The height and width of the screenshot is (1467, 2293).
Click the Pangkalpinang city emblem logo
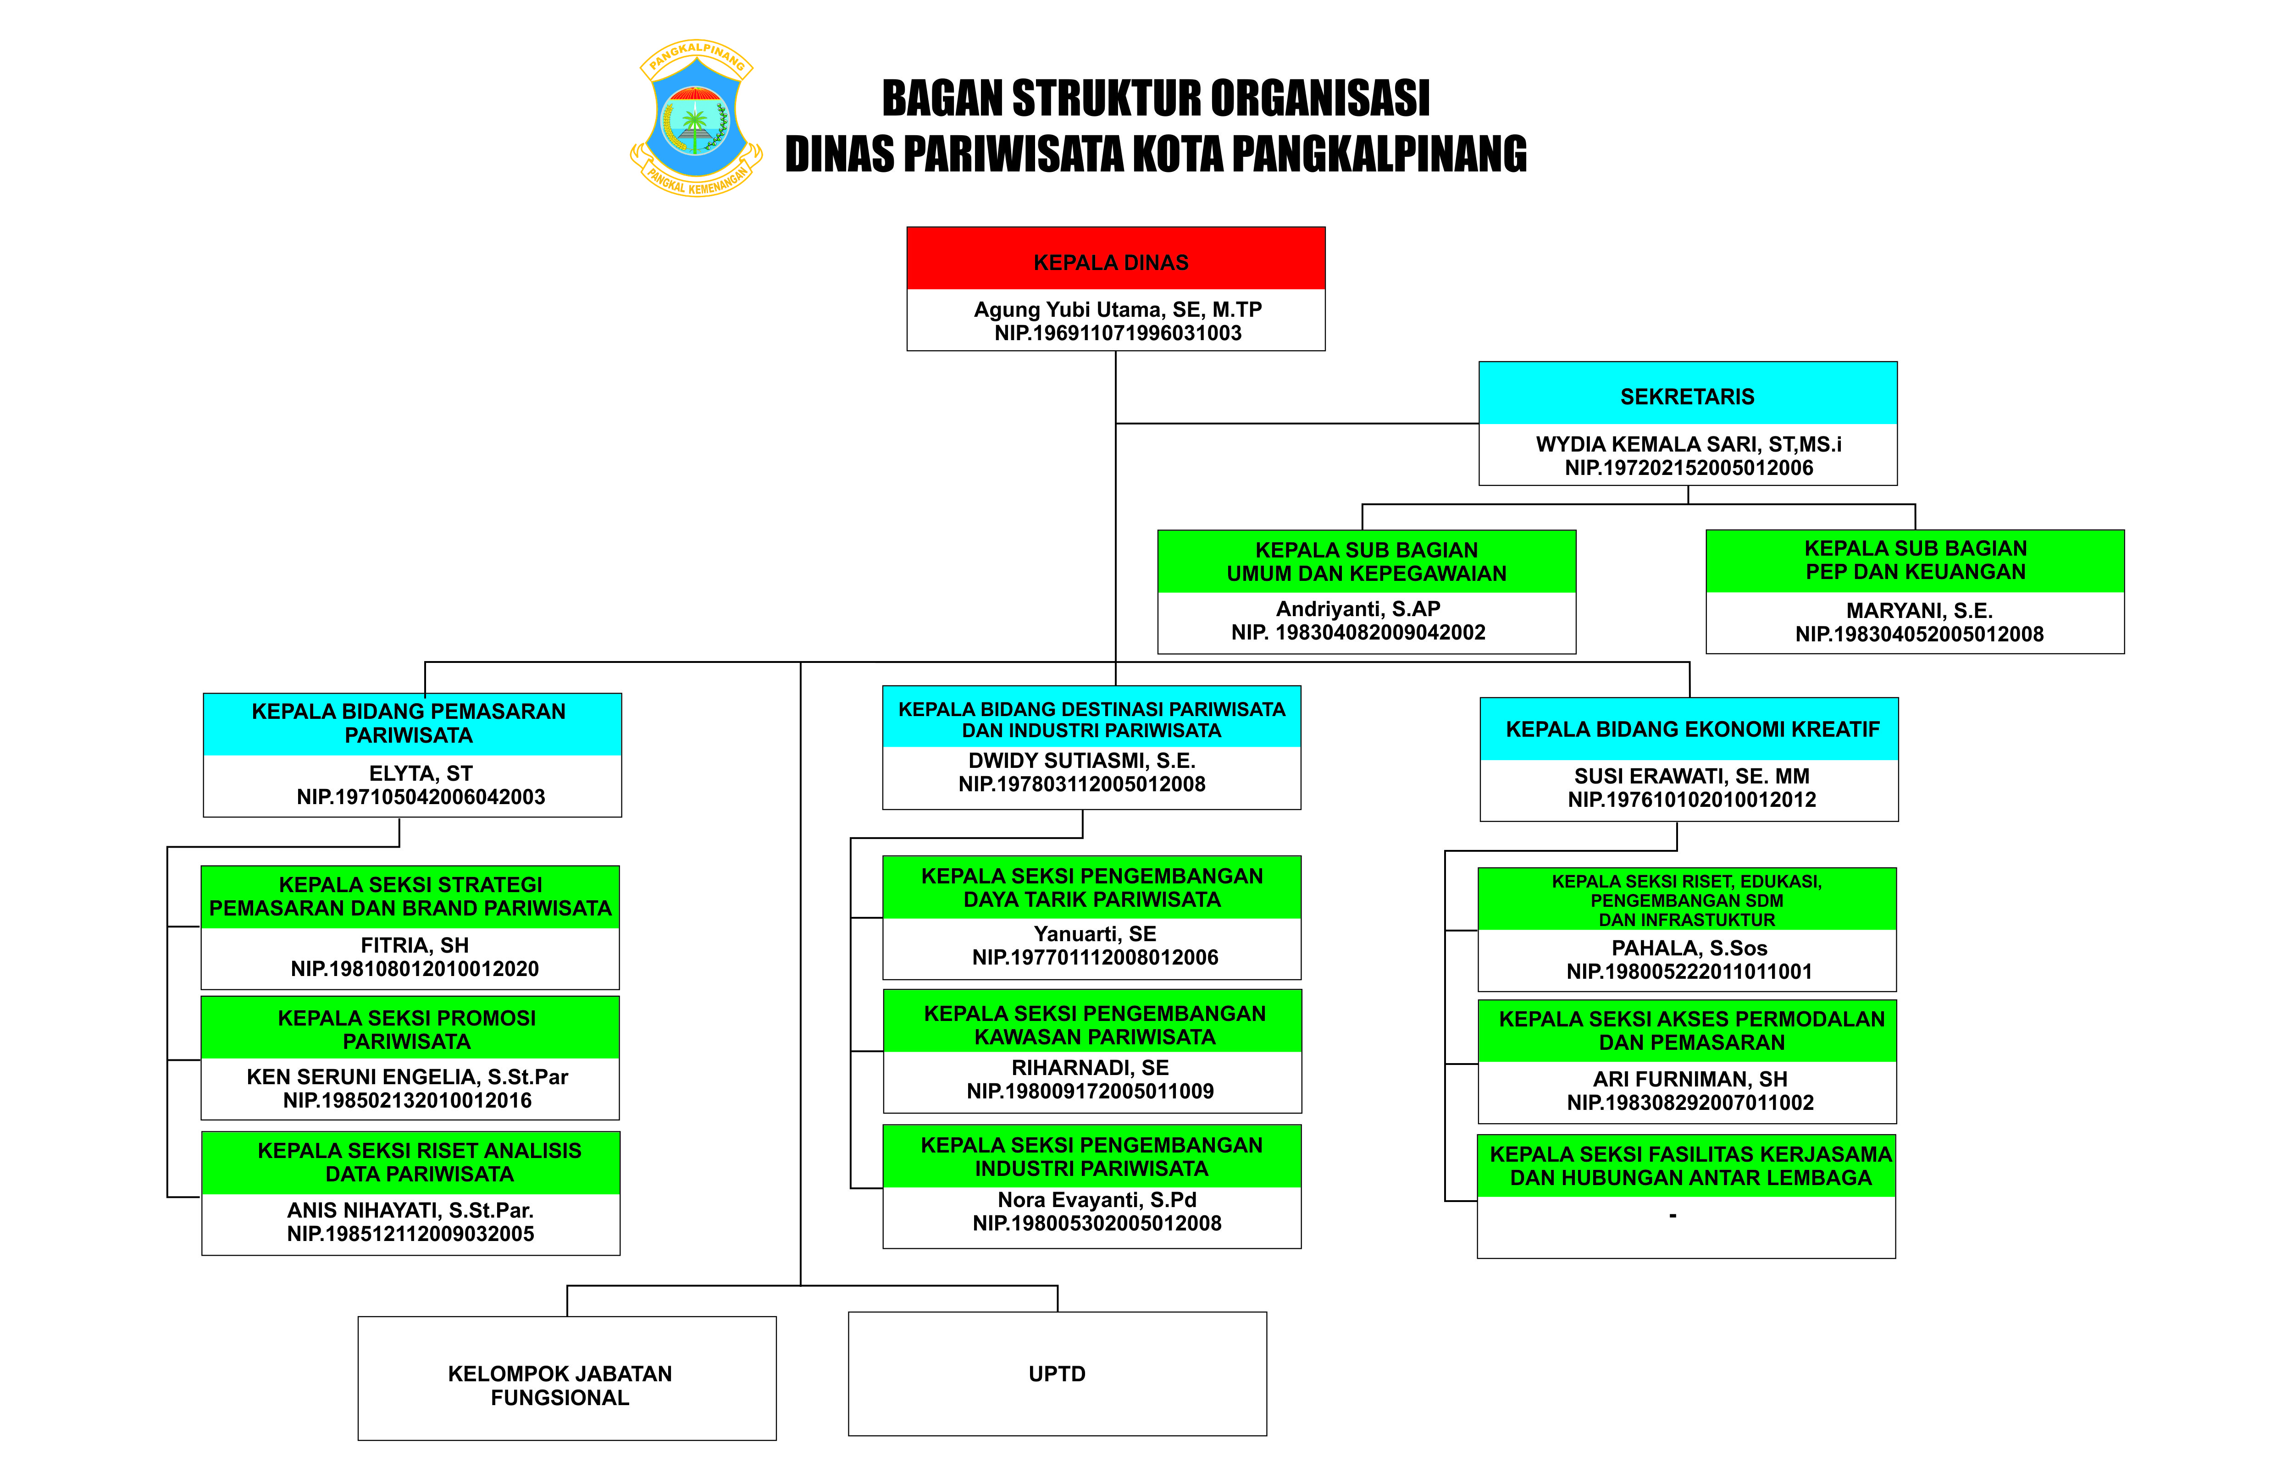[x=696, y=118]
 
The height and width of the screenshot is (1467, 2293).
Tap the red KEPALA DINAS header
[x=1115, y=258]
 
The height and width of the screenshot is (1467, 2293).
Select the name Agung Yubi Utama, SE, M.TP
[x=1118, y=309]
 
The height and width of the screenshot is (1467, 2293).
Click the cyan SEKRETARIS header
[x=1687, y=393]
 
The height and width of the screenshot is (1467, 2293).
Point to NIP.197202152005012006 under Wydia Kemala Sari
[x=1688, y=468]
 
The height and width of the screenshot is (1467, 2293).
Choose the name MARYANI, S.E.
[x=1919, y=611]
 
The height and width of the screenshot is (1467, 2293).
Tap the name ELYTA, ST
[x=420, y=773]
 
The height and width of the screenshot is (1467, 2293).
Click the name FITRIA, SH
[x=415, y=945]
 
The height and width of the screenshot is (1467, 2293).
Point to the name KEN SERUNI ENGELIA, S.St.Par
[x=407, y=1076]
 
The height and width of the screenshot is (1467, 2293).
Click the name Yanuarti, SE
[x=1095, y=933]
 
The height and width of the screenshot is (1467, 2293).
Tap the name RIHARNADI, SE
[x=1090, y=1068]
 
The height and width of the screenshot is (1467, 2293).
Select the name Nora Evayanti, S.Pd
[x=1097, y=1199]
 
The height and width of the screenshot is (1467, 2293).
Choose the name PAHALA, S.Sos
[x=1689, y=948]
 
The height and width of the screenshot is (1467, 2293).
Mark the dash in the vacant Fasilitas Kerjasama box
[x=1673, y=1215]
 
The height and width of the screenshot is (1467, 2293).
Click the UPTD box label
[x=1057, y=1373]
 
